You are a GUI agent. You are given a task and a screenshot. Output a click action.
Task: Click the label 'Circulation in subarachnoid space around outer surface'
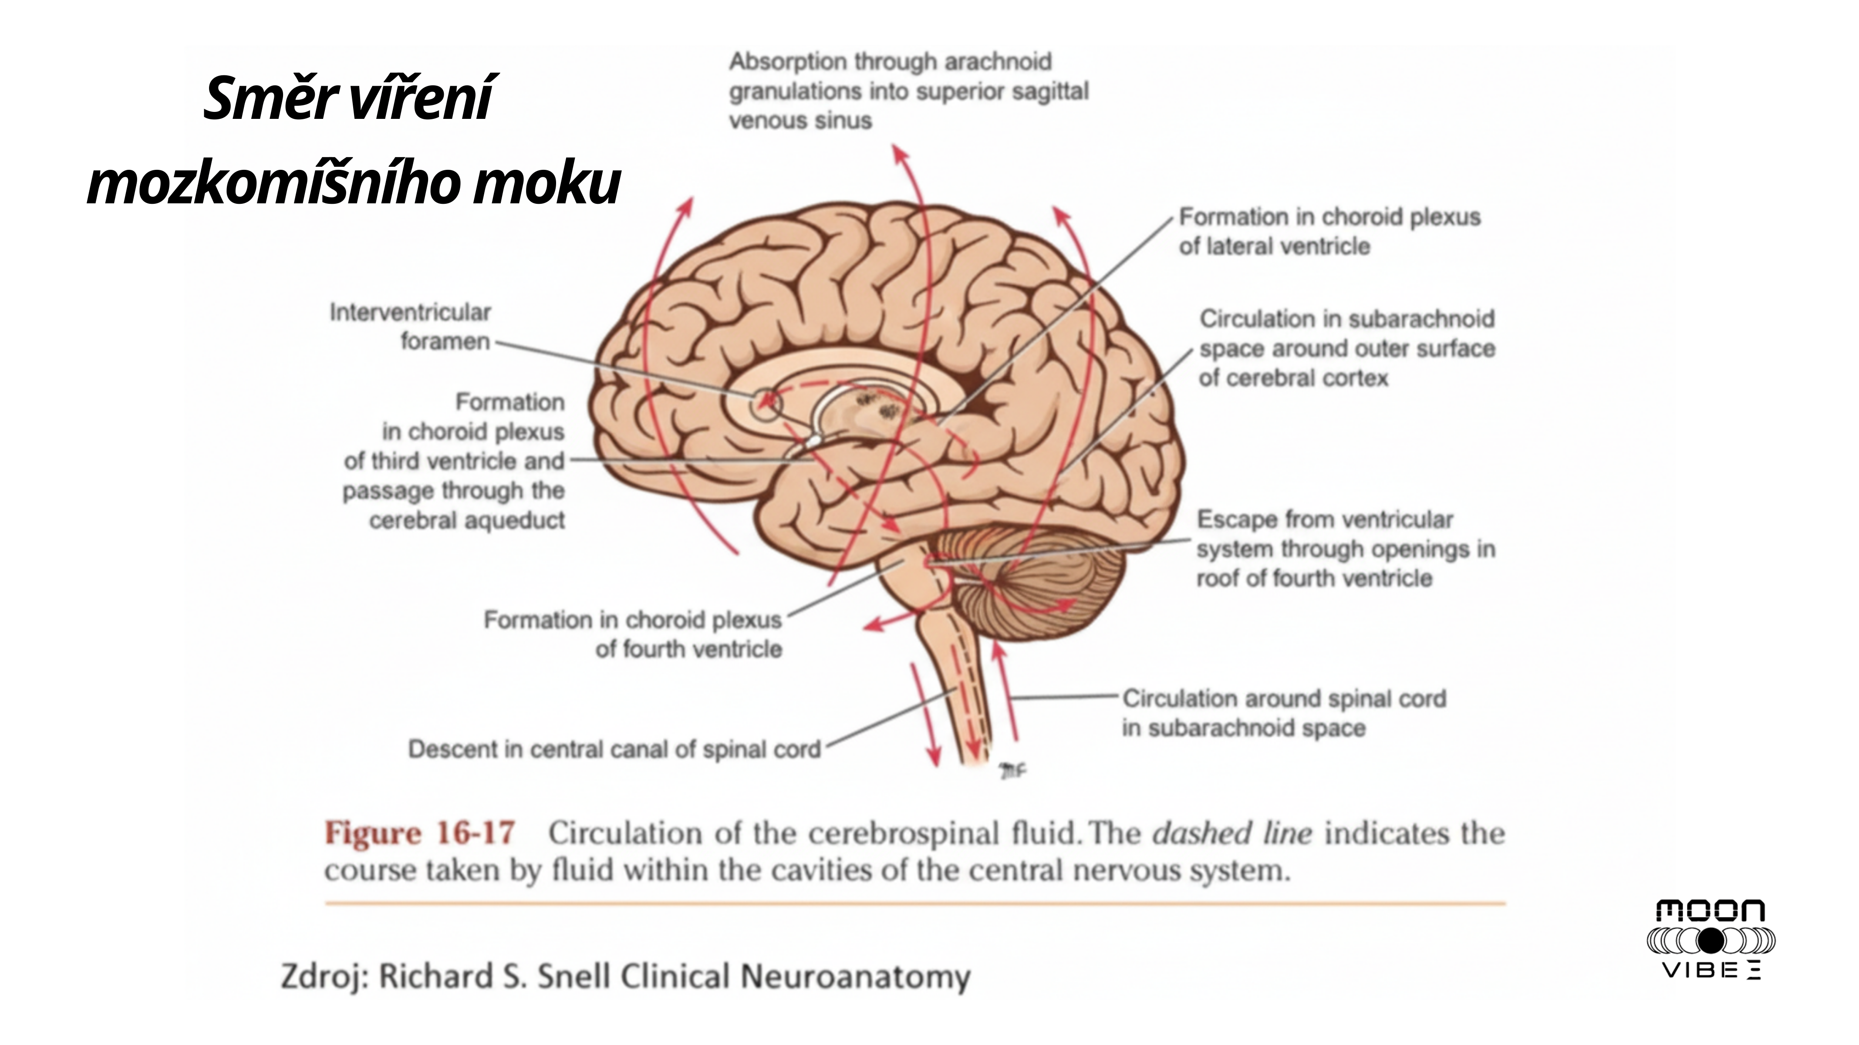tap(1346, 348)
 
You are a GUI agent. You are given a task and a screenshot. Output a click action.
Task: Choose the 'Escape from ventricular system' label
tap(1345, 549)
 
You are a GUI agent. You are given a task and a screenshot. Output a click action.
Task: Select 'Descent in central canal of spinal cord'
tap(614, 749)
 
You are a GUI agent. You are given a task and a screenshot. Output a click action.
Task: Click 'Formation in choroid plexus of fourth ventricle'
tap(632, 634)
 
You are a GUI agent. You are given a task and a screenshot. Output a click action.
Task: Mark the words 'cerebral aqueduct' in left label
tap(466, 519)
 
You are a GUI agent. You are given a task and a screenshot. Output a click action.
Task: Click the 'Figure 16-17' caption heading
tap(419, 833)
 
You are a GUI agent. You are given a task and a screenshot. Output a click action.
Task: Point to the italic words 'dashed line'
tap(1231, 833)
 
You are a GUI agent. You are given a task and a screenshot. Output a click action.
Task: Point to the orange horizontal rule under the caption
tap(914, 903)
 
